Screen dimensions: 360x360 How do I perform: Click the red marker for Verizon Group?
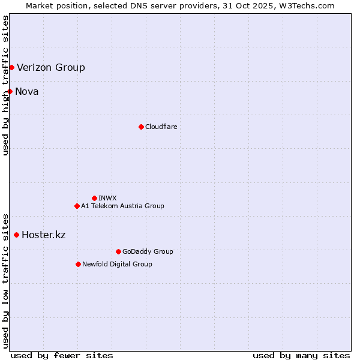11,67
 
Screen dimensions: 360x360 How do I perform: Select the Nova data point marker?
10,91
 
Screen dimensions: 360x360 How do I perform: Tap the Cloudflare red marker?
141,127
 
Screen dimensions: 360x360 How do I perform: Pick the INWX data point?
94,198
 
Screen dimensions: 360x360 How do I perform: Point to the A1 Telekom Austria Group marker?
77,206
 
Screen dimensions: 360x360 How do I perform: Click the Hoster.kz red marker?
16,235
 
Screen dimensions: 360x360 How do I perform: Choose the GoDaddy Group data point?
118,251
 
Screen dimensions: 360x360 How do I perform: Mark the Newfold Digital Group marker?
78,264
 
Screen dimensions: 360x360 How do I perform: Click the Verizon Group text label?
51,67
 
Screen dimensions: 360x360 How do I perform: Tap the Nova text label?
27,91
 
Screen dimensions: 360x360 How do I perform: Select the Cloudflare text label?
161,127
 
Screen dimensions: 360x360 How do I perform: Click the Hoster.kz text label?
43,235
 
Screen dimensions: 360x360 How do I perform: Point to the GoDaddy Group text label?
148,251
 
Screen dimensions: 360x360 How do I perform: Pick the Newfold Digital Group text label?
117,264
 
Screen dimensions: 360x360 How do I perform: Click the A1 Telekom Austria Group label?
122,206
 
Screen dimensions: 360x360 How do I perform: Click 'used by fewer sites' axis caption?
62,355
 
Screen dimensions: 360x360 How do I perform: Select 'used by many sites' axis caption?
301,355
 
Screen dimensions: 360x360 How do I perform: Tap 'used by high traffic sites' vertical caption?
6,85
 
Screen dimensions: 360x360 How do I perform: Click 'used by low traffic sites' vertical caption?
6,280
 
